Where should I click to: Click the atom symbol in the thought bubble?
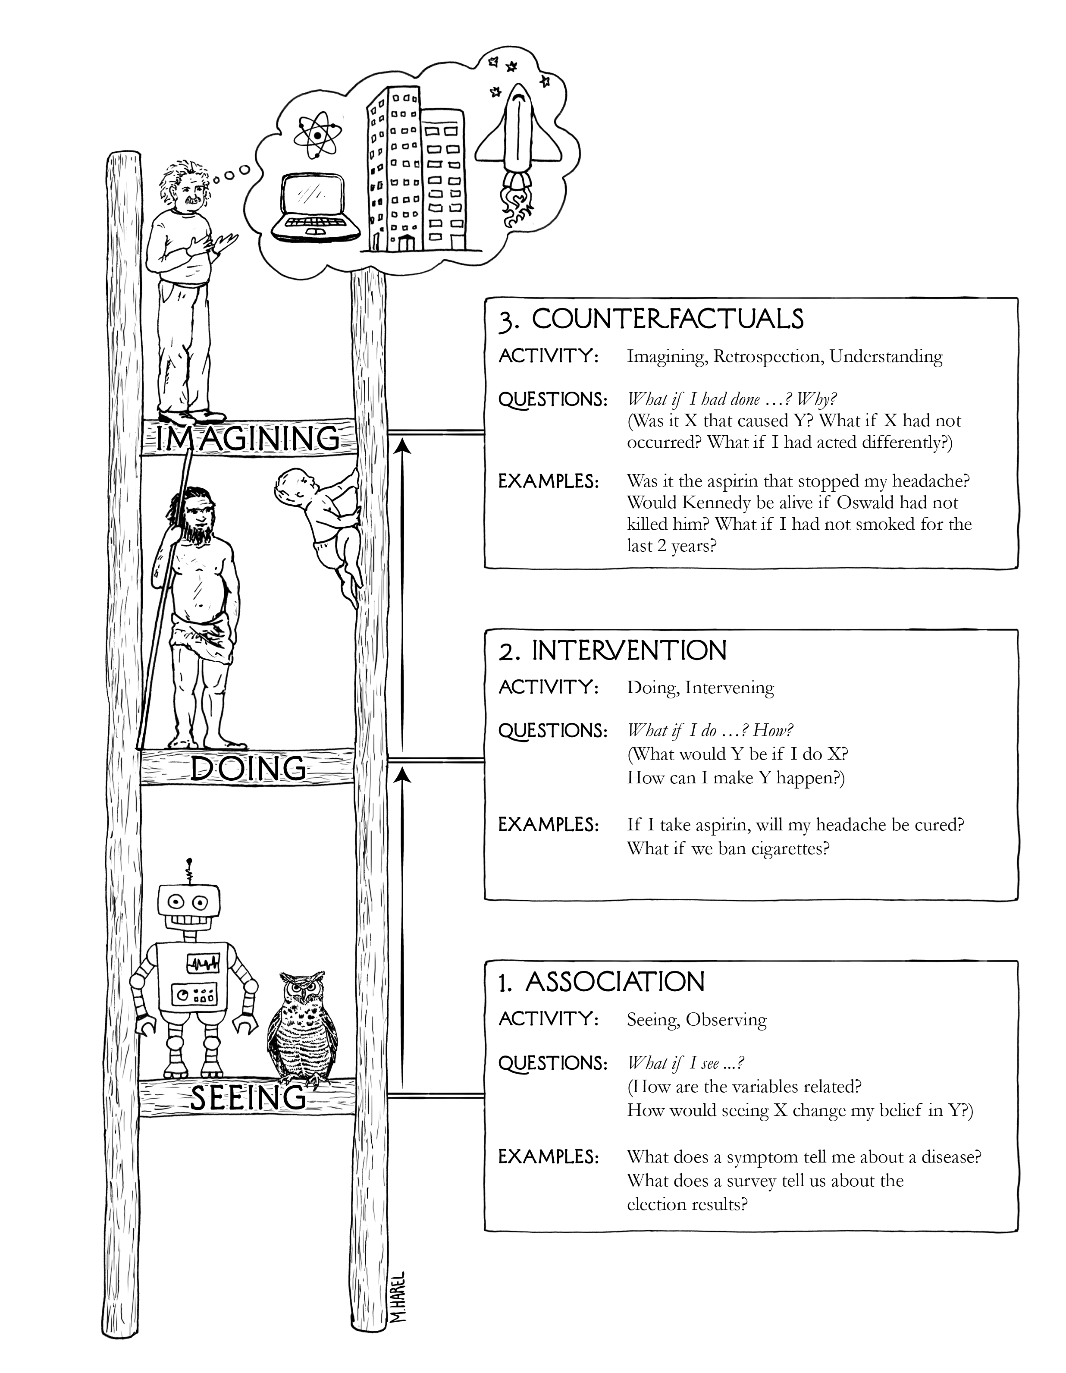317,136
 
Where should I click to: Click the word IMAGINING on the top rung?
247,439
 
